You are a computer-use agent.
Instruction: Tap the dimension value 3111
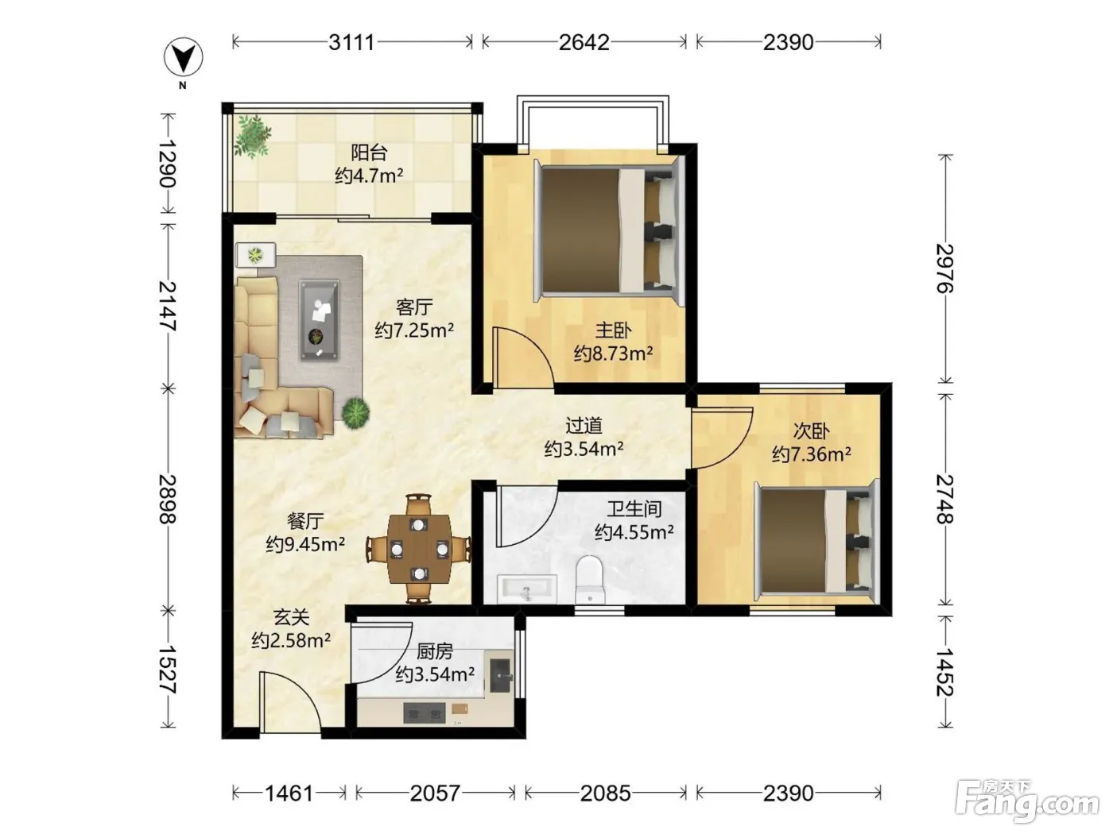pyautogui.click(x=351, y=43)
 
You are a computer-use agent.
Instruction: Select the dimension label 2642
pyautogui.click(x=584, y=43)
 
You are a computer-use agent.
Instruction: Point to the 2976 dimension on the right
pyautogui.click(x=944, y=268)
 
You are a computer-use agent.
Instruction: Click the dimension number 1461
pyautogui.click(x=289, y=793)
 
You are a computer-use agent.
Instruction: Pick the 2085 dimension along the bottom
pyautogui.click(x=606, y=793)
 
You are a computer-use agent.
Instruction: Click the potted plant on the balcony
pyautogui.click(x=252, y=136)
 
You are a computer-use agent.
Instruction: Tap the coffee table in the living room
pyautogui.click(x=319, y=321)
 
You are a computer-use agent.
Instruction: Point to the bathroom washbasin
pyautogui.click(x=527, y=589)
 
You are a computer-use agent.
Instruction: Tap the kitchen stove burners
pyautogui.click(x=424, y=713)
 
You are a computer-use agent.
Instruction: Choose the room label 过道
pyautogui.click(x=584, y=426)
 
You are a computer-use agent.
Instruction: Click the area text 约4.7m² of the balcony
pyautogui.click(x=369, y=176)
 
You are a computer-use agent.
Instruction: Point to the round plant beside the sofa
pyautogui.click(x=355, y=413)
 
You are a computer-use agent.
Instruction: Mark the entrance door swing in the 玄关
pyautogui.click(x=289, y=701)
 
